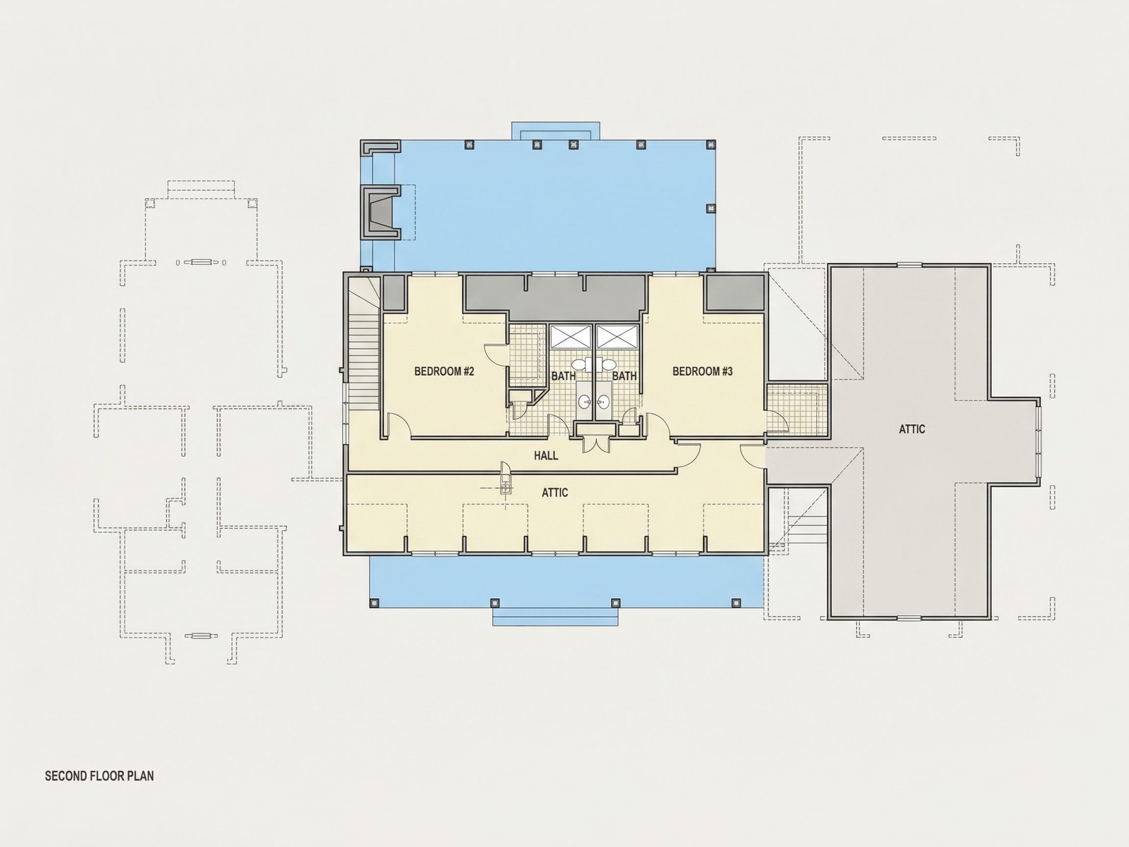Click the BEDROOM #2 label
point(444,371)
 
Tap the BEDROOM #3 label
point(702,371)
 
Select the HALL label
point(546,455)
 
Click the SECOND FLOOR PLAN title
point(99,775)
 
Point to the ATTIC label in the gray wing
point(911,429)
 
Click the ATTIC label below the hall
point(555,492)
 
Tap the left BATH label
point(564,376)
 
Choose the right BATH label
point(624,376)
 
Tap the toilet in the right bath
point(609,364)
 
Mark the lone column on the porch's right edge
point(710,208)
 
